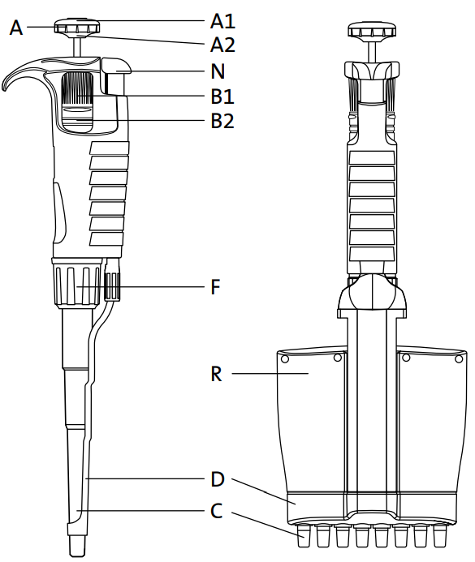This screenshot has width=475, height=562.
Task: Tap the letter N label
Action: (x=218, y=71)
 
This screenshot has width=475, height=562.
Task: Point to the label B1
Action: (x=222, y=97)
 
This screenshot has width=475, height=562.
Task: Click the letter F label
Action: (x=216, y=287)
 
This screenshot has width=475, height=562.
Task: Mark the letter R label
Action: (x=216, y=374)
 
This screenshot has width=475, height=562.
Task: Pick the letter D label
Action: (x=217, y=479)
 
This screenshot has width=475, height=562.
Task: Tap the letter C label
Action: (x=217, y=512)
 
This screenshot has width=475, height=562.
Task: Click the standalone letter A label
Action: (x=16, y=28)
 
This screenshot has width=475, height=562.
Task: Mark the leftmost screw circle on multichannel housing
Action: (x=285, y=358)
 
